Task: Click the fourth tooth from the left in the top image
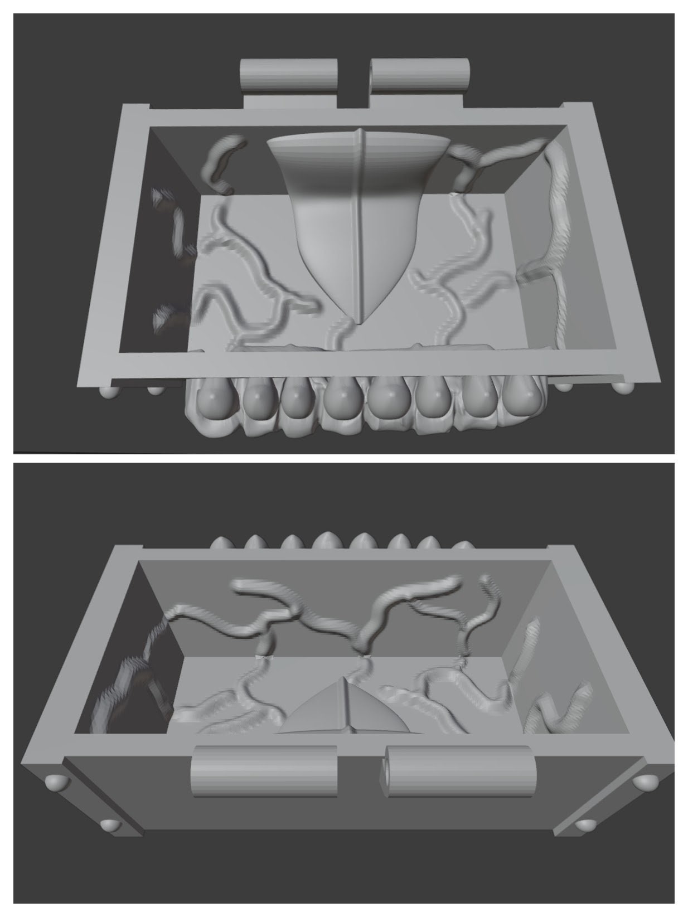(x=340, y=399)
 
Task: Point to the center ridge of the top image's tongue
(x=360, y=223)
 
